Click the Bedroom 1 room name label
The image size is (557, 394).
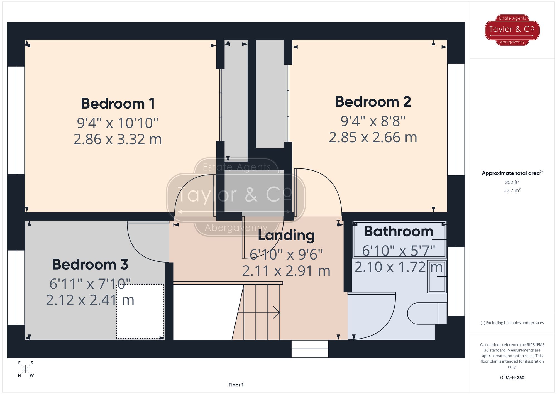[x=118, y=104]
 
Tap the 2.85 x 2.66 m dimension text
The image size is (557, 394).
[x=373, y=138]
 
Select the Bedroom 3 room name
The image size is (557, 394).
[x=90, y=265]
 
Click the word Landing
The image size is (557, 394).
[x=286, y=236]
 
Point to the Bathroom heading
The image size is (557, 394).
[x=398, y=232]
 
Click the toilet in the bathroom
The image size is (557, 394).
[x=426, y=314]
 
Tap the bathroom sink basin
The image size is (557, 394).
[x=437, y=276]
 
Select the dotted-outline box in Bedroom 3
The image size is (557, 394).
[x=140, y=311]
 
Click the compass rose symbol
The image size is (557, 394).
[x=25, y=369]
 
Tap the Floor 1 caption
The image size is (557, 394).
[x=236, y=385]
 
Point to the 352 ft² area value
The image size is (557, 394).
[x=512, y=182]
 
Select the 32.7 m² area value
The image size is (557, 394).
[x=512, y=190]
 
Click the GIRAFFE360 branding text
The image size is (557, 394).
[x=512, y=378]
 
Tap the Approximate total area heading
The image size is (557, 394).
[x=512, y=173]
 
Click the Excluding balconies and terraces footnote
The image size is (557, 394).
[x=512, y=323]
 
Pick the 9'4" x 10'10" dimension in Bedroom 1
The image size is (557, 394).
[x=118, y=123]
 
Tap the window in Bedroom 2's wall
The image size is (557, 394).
[x=456, y=119]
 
